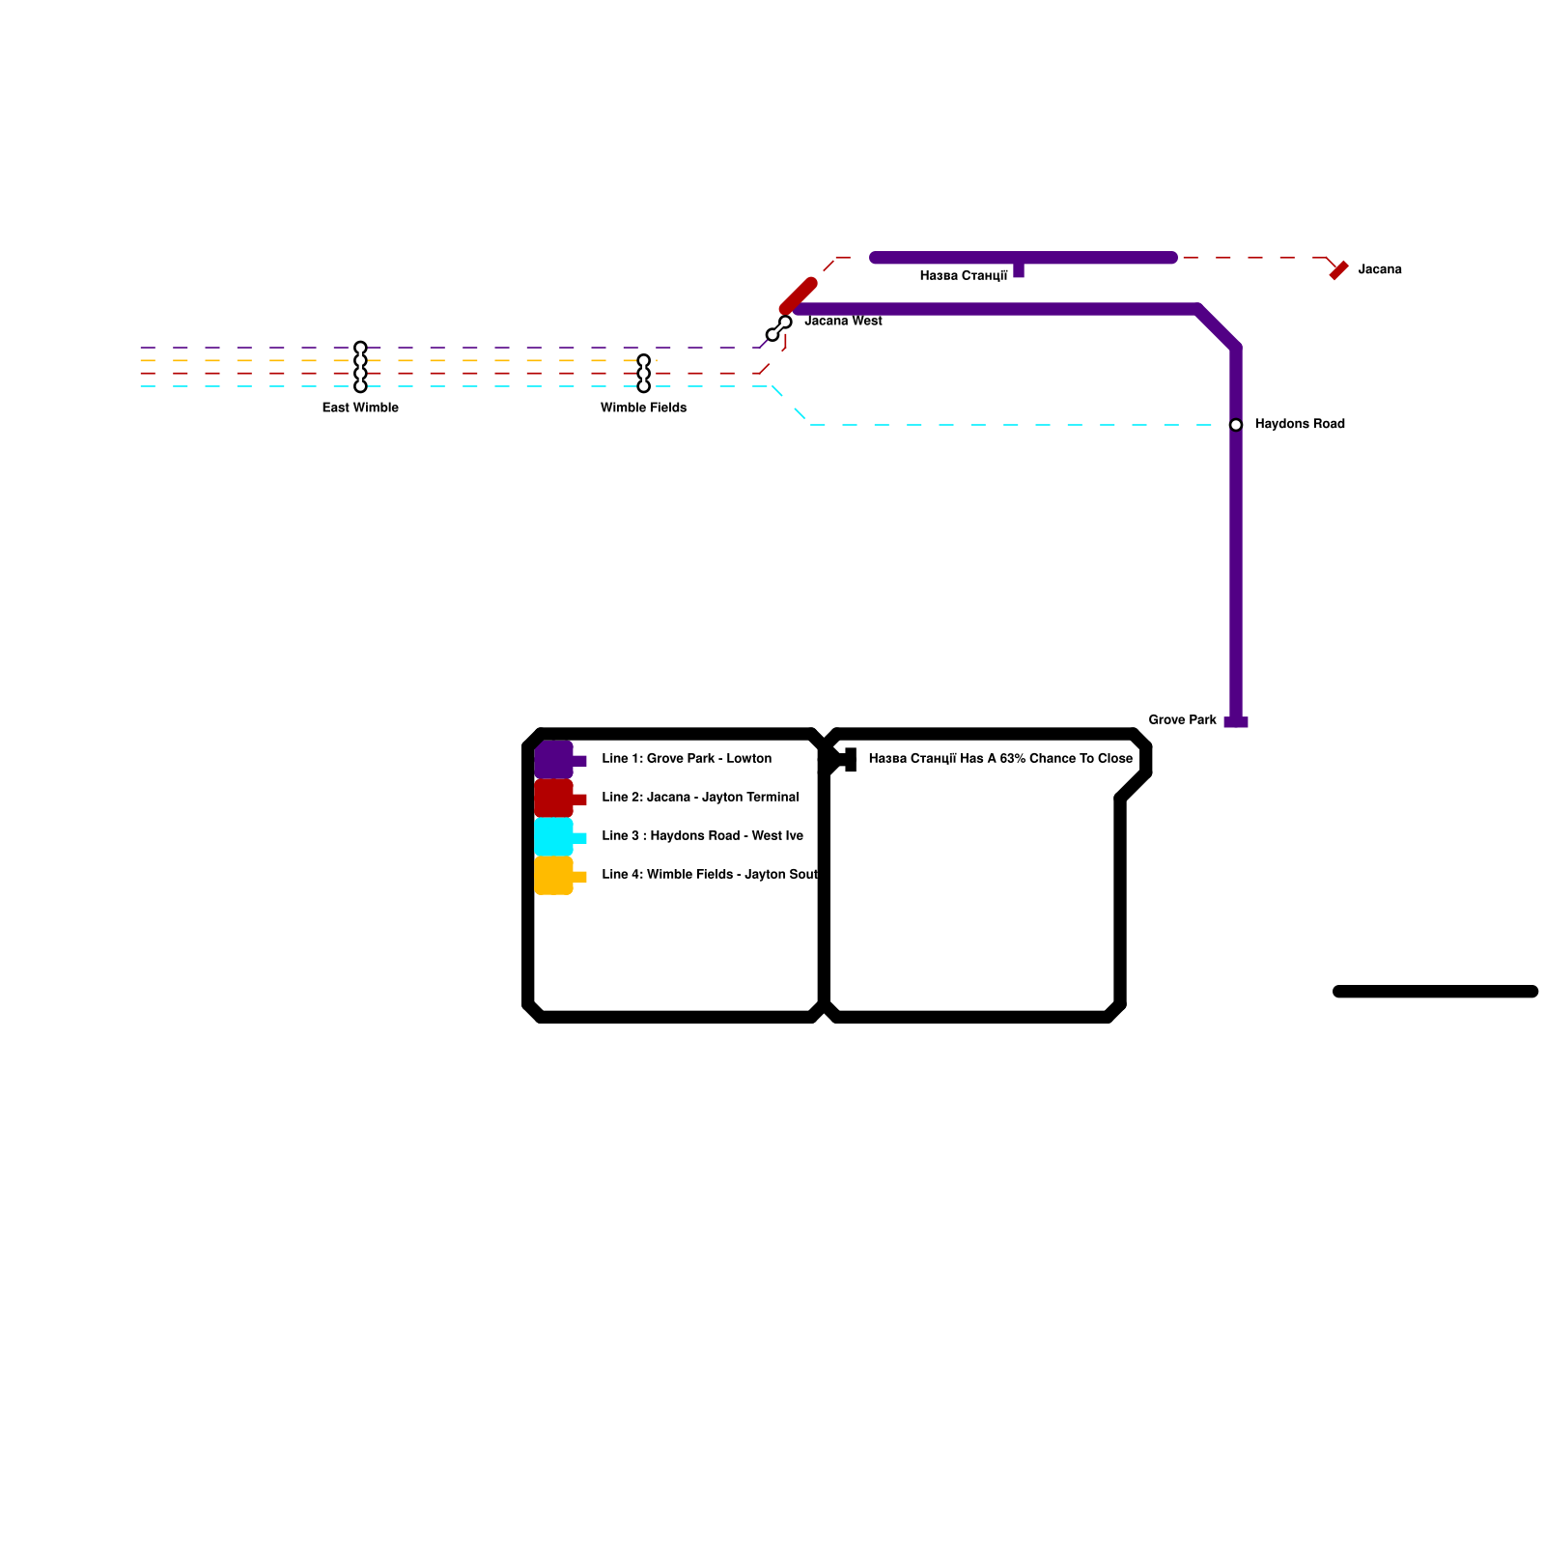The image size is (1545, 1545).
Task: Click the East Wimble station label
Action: tap(360, 407)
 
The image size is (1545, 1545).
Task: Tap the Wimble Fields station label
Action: tap(643, 407)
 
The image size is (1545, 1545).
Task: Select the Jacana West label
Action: tap(843, 321)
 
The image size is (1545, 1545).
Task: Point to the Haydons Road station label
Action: tap(1299, 424)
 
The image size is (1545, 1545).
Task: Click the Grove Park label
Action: tap(1182, 719)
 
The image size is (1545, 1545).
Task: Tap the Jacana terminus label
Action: tap(1379, 269)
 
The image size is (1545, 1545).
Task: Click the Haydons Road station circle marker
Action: tap(1236, 425)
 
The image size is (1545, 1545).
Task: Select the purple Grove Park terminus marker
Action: tap(1236, 722)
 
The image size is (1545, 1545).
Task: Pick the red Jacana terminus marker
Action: tap(1338, 271)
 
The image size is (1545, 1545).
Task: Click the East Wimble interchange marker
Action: tap(360, 367)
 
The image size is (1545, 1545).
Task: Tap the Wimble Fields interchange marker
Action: tap(643, 374)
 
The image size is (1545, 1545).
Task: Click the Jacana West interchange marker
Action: tap(778, 328)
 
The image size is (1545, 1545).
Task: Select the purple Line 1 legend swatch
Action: tap(554, 760)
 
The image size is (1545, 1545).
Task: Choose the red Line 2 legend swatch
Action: tap(554, 799)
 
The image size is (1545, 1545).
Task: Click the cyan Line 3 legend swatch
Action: tap(554, 837)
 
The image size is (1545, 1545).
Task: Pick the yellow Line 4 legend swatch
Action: tap(554, 876)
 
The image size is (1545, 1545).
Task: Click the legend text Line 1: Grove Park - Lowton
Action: tap(687, 758)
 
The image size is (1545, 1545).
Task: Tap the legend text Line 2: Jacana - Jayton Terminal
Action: tap(700, 797)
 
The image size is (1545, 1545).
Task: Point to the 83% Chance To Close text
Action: tap(1000, 758)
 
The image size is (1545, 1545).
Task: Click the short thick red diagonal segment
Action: tap(799, 295)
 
